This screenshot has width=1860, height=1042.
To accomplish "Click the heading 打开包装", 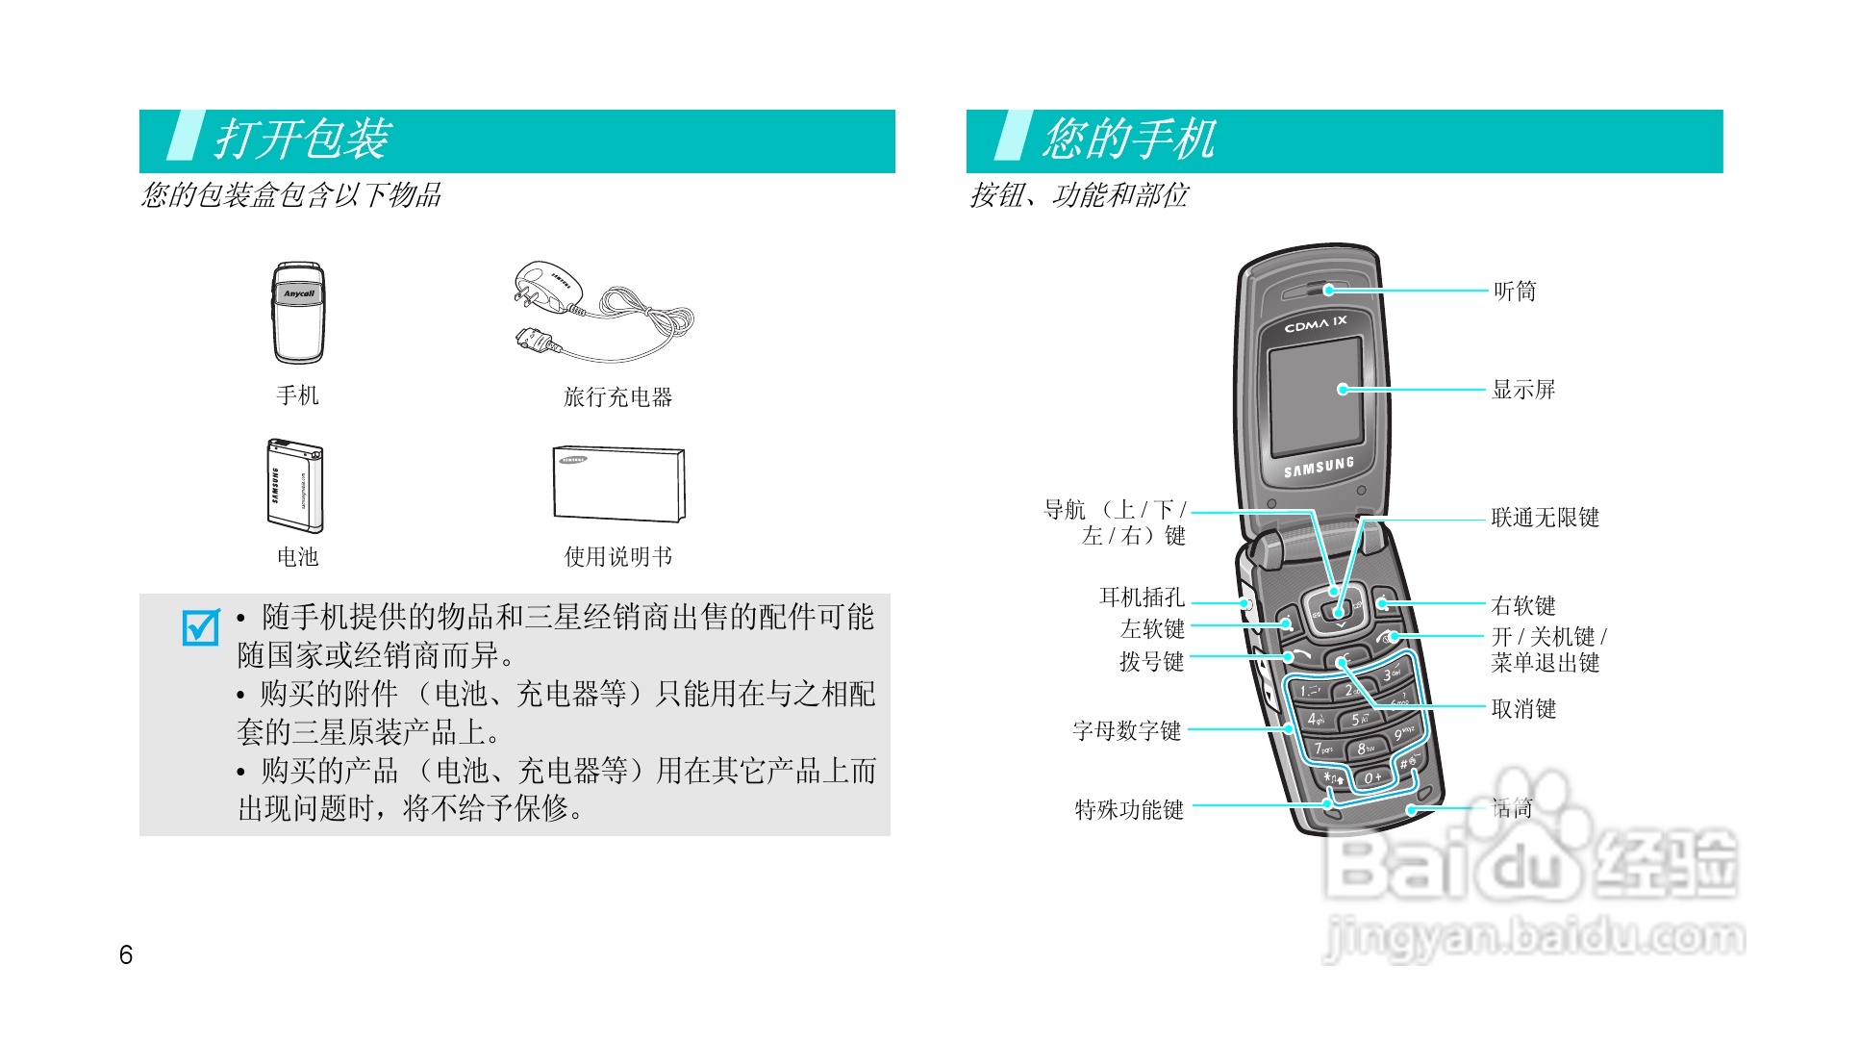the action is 302,140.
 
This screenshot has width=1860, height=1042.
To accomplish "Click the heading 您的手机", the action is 1129,140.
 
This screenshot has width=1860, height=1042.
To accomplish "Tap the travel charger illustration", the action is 601,311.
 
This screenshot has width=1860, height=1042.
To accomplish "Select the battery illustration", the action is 295,486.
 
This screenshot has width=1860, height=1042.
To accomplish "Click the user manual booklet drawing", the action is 618,484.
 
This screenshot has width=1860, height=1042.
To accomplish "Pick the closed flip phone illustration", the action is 298,313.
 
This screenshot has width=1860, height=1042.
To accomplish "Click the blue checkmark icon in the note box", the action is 201,627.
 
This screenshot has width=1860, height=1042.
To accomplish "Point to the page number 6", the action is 126,954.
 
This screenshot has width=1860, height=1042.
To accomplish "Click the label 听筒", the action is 1515,292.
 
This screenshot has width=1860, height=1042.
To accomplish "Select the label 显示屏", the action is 1523,390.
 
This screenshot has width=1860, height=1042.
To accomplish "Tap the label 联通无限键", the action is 1545,518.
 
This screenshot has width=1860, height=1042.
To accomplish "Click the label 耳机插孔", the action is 1142,597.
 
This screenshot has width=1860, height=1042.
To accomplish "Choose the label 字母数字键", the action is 1126,731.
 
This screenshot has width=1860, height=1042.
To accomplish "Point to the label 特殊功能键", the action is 1129,810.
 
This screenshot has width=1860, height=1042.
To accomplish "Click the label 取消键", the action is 1523,709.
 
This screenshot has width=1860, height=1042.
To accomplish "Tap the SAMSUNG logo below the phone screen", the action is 1319,468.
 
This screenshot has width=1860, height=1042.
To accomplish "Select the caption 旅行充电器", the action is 617,397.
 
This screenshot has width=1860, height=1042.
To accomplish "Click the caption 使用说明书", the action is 617,557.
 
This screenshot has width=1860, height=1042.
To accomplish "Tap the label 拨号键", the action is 1151,662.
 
